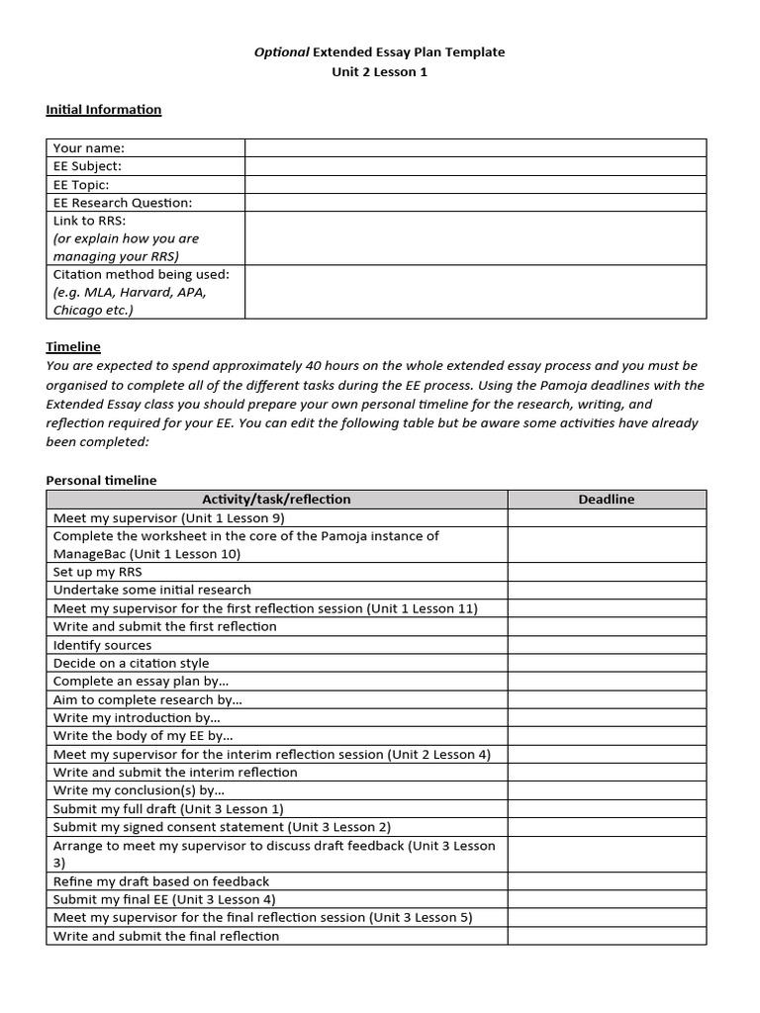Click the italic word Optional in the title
[282, 52]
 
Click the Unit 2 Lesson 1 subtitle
[380, 72]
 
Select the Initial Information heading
[104, 110]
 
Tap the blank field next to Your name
[475, 148]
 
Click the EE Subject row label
[88, 166]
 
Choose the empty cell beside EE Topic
[475, 184]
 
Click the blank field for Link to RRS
[475, 238]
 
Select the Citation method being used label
[142, 274]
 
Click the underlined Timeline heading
[73, 347]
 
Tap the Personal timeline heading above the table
[102, 480]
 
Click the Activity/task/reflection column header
[276, 500]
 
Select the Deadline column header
[606, 500]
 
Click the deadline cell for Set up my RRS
[606, 572]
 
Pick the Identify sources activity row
[103, 645]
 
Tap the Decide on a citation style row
[132, 663]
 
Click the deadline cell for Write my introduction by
[606, 717]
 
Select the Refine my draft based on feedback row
[161, 881]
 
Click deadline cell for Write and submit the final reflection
[606, 936]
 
